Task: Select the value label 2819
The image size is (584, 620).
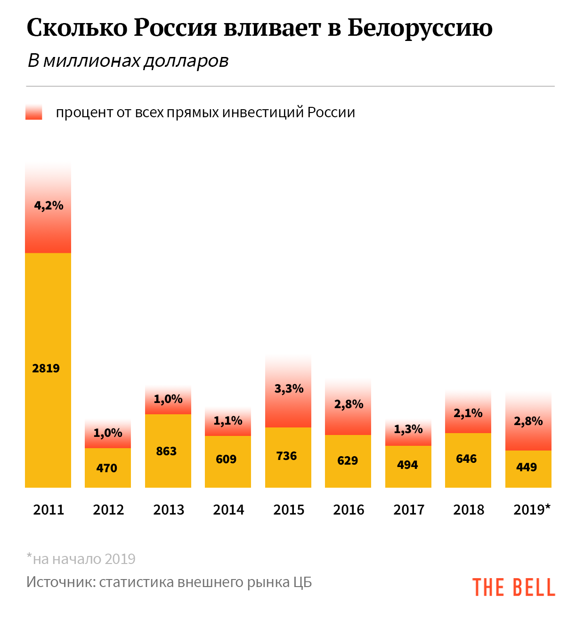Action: click(46, 368)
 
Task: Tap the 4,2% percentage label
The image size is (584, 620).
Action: click(49, 205)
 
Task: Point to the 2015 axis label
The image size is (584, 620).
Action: click(289, 509)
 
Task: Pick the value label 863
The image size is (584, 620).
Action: click(166, 451)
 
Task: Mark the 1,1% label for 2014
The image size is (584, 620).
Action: click(228, 420)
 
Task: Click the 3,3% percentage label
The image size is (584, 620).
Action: click(289, 389)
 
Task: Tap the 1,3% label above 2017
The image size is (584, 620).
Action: click(408, 429)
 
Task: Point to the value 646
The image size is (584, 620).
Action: click(467, 459)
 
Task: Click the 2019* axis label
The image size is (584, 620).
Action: click(532, 509)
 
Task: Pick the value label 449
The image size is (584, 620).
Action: click(527, 467)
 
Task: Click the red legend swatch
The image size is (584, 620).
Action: click(34, 113)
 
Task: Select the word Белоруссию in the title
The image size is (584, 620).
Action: click(420, 28)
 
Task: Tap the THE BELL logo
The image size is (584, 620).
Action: click(513, 588)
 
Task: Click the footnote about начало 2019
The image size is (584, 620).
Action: click(81, 559)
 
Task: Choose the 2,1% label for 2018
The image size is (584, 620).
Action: click(468, 413)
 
